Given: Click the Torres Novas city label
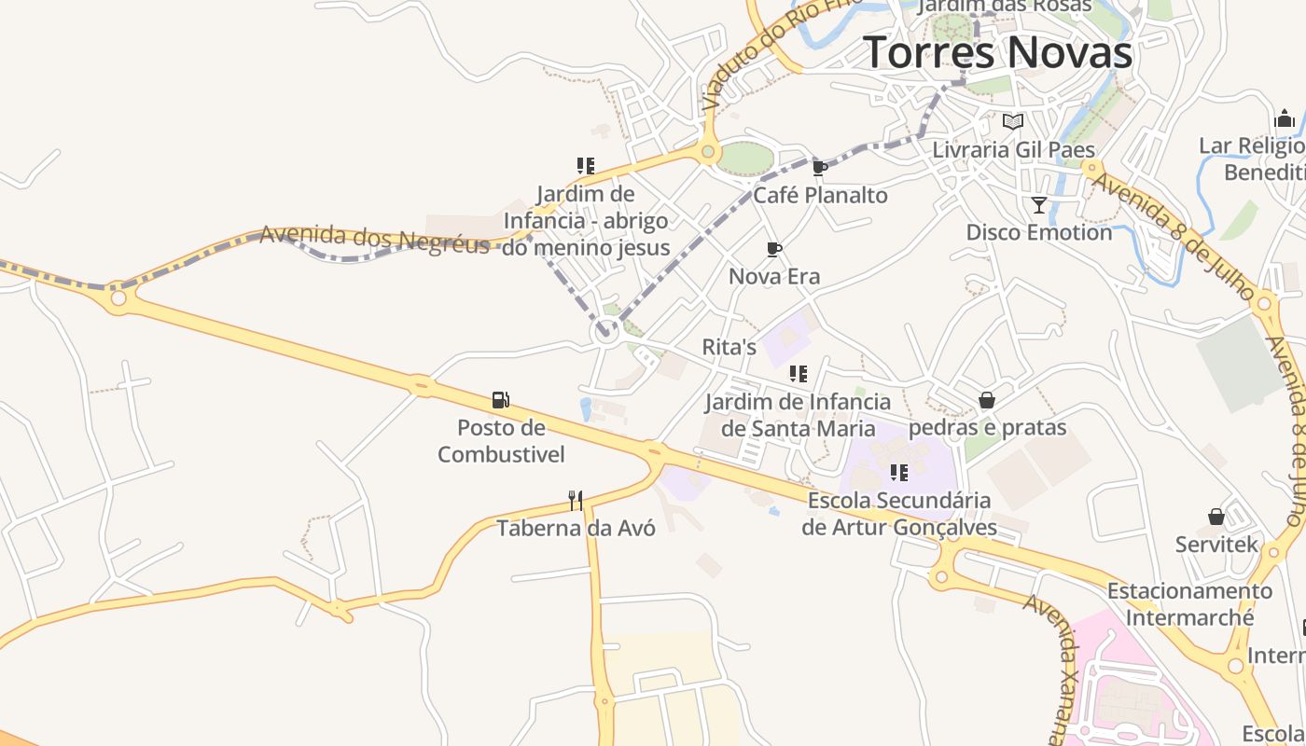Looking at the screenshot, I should pos(997,52).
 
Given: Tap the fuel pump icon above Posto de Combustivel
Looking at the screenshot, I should pos(501,400).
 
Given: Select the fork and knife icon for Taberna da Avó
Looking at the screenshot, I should pos(576,501).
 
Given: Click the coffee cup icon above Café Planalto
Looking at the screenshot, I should pos(820,168).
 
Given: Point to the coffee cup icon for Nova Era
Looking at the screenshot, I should pos(773,249).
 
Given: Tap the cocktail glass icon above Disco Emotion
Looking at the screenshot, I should pos(1038,205).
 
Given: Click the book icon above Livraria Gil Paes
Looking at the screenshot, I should pos(1013,121).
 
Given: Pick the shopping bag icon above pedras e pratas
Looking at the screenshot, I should pos(987,400).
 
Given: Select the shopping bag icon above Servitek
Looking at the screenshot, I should pos(1216,517).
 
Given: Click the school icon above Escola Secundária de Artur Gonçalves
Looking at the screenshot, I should pos(898,473).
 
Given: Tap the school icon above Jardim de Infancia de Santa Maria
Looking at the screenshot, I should pos(798,374).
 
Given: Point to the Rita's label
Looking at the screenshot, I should pos(729,347).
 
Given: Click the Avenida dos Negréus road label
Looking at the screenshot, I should pos(374,239).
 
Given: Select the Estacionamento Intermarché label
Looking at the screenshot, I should pos(1189,604).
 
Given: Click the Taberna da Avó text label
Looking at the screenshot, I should pos(576,528).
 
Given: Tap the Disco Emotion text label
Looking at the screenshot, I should pos(1039,232).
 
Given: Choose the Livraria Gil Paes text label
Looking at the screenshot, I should pos(1014,149).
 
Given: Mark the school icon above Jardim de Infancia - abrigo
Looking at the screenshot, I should pos(586,166).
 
